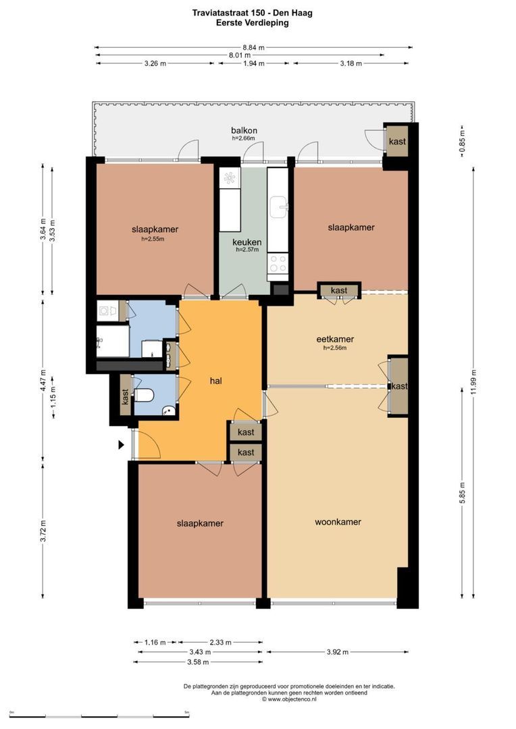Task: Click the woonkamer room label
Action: [x=338, y=522]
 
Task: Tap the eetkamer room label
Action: [x=335, y=340]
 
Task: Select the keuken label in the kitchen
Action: [x=247, y=242]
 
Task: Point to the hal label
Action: [x=216, y=381]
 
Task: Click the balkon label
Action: [x=244, y=131]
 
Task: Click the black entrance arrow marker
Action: [x=122, y=445]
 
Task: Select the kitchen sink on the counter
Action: [x=279, y=207]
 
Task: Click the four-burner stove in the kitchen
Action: [x=278, y=264]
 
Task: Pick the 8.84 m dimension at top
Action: [x=253, y=47]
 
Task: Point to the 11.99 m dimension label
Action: [x=473, y=381]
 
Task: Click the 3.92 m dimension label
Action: [x=337, y=652]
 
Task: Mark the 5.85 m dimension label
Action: [x=462, y=492]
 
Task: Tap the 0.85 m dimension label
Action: [x=462, y=141]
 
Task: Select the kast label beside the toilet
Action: [x=125, y=397]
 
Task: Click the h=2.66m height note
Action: [x=244, y=138]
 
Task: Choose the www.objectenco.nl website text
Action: [x=289, y=699]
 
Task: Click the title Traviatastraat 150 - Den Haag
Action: [x=252, y=13]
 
